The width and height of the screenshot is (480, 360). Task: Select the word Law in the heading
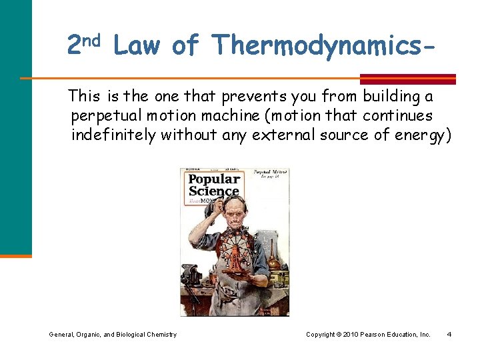pyautogui.click(x=137, y=46)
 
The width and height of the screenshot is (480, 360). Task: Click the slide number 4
pyautogui.click(x=449, y=334)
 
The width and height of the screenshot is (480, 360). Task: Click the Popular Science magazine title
pyautogui.click(x=214, y=186)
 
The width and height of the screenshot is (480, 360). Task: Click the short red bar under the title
pyautogui.click(x=408, y=79)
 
